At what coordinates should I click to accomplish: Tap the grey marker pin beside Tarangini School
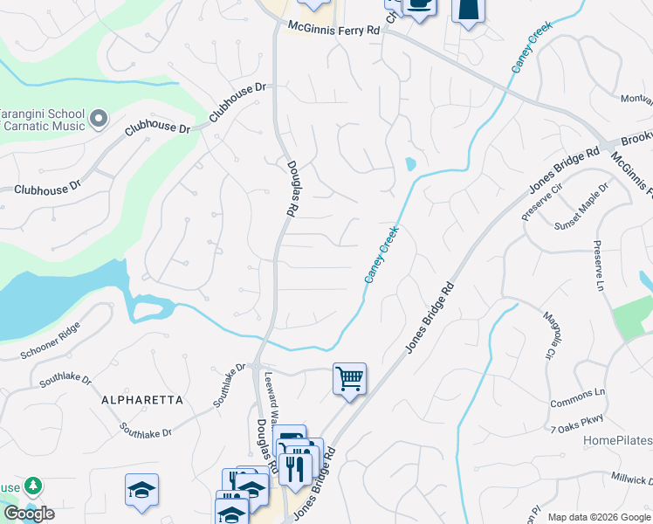(x=99, y=117)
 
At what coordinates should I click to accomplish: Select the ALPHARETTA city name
(x=142, y=399)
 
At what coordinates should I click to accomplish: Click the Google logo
(x=29, y=514)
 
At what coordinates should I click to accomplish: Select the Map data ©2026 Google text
(x=599, y=517)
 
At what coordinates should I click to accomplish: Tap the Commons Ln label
(x=578, y=398)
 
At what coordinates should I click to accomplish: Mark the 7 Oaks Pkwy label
(x=578, y=424)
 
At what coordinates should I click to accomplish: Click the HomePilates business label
(x=617, y=440)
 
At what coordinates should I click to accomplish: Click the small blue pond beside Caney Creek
(x=409, y=164)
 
